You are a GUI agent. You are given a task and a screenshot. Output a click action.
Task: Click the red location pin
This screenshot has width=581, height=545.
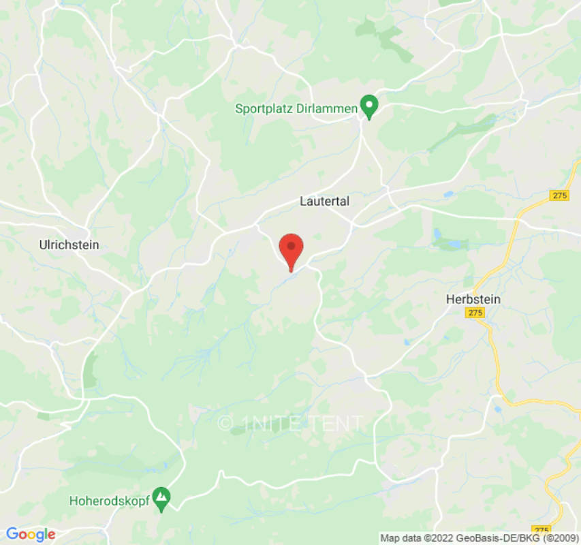point(292,249)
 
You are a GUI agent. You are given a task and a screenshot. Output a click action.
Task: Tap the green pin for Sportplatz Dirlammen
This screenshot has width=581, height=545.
point(369,106)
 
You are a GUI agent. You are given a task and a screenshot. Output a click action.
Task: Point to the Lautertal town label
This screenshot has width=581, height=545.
point(324,202)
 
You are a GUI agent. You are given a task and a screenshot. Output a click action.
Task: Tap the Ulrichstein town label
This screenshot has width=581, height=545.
point(69,245)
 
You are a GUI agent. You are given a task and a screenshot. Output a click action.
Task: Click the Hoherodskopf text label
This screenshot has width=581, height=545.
point(109,501)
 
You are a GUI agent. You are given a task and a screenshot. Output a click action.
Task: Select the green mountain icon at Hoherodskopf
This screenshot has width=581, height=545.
point(161,499)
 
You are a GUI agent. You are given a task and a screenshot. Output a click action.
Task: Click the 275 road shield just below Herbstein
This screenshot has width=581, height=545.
point(475,313)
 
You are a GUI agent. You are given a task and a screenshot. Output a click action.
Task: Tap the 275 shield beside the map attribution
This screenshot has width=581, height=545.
point(541,530)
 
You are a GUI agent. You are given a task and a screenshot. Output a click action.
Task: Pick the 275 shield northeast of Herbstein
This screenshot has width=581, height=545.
point(559,196)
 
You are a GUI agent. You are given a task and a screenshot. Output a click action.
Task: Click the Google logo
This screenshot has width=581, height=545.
point(31,534)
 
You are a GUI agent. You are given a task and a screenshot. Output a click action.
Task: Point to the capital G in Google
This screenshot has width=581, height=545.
point(12,533)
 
